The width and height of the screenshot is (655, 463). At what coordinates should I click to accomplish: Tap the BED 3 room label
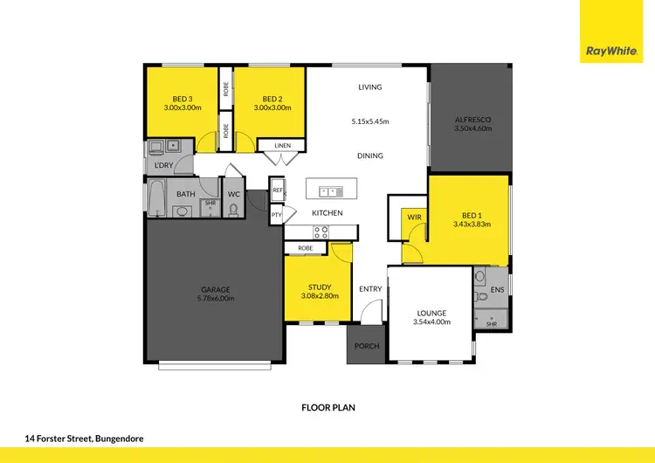pos(182,99)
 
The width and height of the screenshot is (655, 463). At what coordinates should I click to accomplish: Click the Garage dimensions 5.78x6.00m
pos(214,299)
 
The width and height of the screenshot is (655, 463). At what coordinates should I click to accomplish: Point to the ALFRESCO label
pos(472,120)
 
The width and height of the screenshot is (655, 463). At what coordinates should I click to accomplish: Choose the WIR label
pos(414,215)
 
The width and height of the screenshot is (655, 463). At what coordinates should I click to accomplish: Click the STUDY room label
pos(319,287)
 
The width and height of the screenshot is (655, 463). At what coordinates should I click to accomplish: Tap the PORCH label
pos(367,346)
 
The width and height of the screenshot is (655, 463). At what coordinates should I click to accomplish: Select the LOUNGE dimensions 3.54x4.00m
pos(431,321)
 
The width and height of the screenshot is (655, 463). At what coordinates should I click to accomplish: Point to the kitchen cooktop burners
pos(321,232)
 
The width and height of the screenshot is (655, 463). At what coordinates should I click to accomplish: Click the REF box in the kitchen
pos(277,190)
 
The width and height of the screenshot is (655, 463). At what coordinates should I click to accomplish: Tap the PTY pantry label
pos(276,214)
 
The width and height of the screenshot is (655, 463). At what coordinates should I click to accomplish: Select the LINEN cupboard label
pos(282,145)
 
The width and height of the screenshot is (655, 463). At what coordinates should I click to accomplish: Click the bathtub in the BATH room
pos(158,199)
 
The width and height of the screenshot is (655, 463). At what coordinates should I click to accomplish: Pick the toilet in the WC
pos(233,209)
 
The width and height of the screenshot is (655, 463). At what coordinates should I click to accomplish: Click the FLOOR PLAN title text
pos(327,407)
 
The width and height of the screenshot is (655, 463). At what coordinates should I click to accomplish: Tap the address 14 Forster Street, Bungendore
pos(84,439)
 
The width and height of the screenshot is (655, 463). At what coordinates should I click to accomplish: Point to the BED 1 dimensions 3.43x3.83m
pos(472,224)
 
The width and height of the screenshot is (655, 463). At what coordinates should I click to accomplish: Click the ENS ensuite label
pos(497,289)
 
